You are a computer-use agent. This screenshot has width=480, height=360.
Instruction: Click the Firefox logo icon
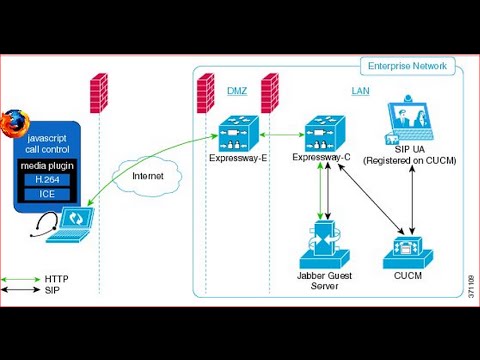[x=14, y=125]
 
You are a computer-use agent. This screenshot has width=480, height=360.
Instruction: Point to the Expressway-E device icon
[x=236, y=134]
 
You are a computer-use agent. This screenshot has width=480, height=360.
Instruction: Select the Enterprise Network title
[x=408, y=66]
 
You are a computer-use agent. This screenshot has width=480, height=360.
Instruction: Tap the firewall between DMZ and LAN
[x=269, y=96]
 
